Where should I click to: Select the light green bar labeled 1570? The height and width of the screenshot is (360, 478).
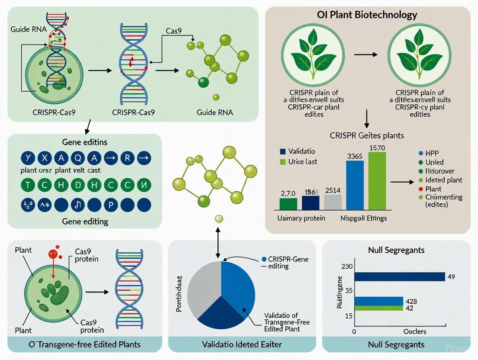376,182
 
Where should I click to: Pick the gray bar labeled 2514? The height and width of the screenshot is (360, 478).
333,202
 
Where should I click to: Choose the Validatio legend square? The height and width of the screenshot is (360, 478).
283,152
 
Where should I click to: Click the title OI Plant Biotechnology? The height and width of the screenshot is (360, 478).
367,15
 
